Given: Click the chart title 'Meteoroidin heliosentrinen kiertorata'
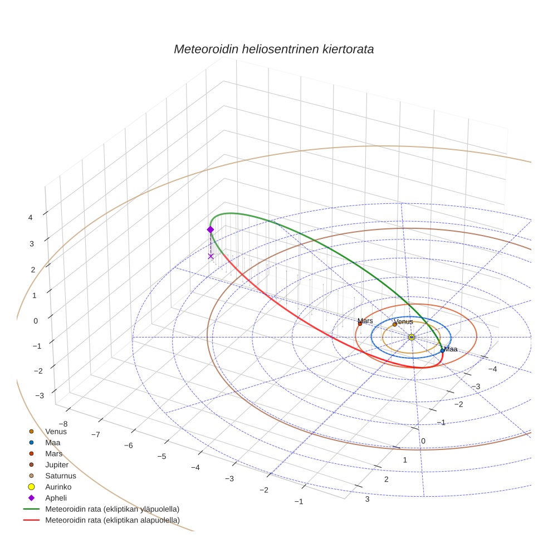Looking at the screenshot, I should pos(273,49).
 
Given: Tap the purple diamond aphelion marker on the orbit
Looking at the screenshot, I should pos(211,229).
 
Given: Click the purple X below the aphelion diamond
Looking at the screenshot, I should pos(211,256).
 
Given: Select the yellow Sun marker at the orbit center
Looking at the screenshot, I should pos(412,337).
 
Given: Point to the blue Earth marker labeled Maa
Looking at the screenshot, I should pos(443,350).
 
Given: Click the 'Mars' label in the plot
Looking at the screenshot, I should pos(365,321).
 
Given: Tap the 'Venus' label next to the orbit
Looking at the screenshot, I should pos(403,321).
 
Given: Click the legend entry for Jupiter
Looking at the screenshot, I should pos(57,464).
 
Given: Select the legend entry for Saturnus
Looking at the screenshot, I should pos(60,476).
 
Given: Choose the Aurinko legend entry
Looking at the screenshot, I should pos(58,487).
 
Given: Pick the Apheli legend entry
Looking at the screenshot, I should pos(56,498).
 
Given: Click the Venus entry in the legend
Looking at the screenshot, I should pos(56,431).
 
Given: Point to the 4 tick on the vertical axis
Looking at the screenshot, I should pos(31,218).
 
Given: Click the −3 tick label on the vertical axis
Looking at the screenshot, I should pos(39,395).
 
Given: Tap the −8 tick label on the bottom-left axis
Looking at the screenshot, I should pos(63,424).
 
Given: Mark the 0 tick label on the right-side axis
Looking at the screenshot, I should pos(423,441).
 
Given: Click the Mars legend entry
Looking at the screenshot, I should pos(54,453).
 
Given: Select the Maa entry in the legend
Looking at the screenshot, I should pos(53,442).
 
